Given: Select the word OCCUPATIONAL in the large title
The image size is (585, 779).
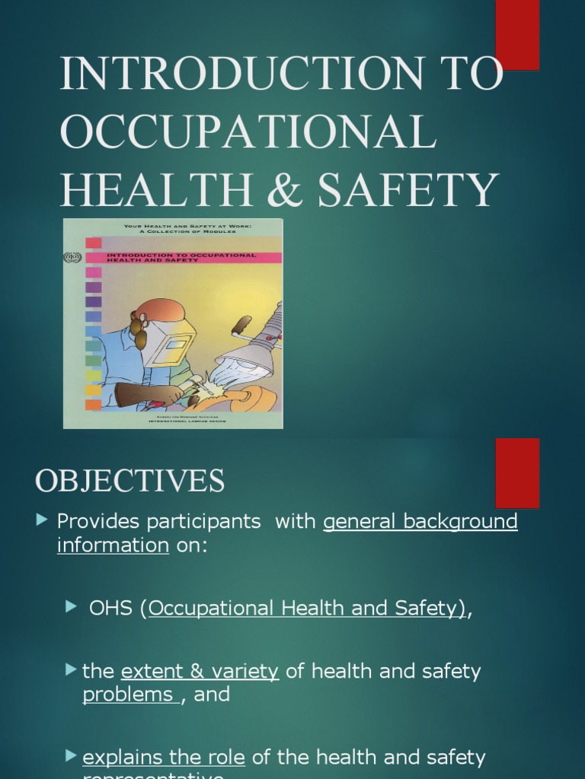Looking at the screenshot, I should pos(248,132).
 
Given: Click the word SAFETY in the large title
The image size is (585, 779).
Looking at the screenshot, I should pos(408,190).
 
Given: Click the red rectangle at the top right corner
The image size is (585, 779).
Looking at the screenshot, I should pos(517,34).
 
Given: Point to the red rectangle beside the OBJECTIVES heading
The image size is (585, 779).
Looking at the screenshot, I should pos(517,472).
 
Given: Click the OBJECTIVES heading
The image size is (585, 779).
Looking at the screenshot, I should pos(129,481).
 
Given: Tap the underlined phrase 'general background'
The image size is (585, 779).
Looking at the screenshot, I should pos(420,522).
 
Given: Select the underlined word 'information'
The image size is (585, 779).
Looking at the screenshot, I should pos(113,545).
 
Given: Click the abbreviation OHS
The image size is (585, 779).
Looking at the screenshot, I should pos(112,609).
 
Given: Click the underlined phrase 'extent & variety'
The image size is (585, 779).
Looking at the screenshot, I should pos(200,672).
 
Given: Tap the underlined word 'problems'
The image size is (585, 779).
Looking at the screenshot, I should pos(128,695).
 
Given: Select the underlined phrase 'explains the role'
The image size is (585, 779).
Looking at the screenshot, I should pos(164,758).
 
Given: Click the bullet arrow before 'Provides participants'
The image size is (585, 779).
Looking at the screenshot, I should pos(42,520).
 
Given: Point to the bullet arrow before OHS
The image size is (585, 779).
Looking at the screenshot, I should pos(72,606).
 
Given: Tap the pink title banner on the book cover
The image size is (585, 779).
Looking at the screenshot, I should pos(190,258).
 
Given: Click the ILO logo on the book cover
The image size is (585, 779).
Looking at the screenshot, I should pos(72,258).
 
